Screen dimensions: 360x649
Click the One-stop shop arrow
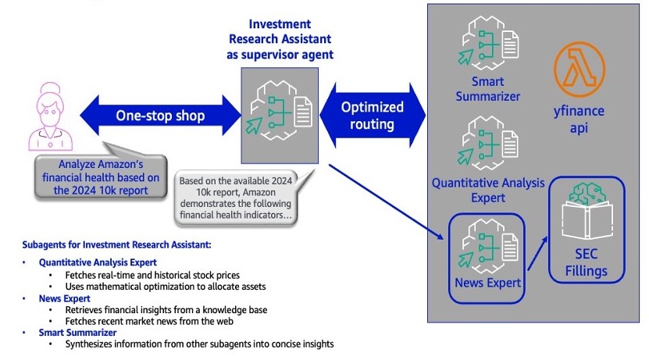(160, 116)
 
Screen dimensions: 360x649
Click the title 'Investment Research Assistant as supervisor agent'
(280, 38)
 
